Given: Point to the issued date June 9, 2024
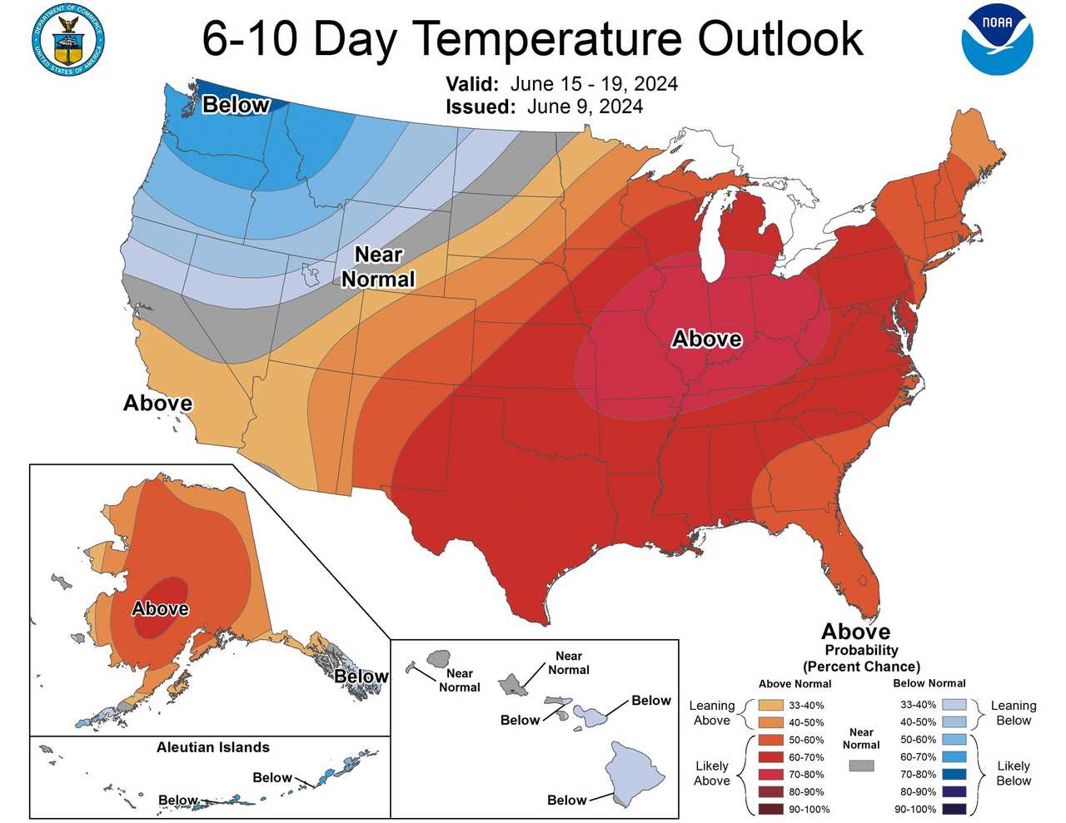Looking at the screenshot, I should pos(585,107).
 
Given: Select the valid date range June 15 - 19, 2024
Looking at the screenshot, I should pos(594,84).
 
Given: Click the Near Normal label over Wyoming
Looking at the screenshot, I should pos(378,266).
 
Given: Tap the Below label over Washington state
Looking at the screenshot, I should pos(236,105).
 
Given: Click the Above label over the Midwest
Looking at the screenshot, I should pos(706,339).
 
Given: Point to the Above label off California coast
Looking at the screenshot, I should pos(157,403).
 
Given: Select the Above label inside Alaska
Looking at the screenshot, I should pos(160,608).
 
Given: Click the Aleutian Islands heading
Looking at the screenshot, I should pos(212,746).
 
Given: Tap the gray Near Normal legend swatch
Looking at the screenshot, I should pos(861,765).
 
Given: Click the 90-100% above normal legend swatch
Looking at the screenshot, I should pos(771,809).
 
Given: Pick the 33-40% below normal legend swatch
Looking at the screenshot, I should pos(954,705).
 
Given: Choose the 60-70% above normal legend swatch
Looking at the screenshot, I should pos(771,757).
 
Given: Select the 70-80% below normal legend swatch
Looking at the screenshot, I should pos(954,774).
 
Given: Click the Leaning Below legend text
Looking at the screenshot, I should pos(1013,712).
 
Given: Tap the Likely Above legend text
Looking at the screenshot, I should pos(711,773).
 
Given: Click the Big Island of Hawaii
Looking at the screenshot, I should pos(636,771).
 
